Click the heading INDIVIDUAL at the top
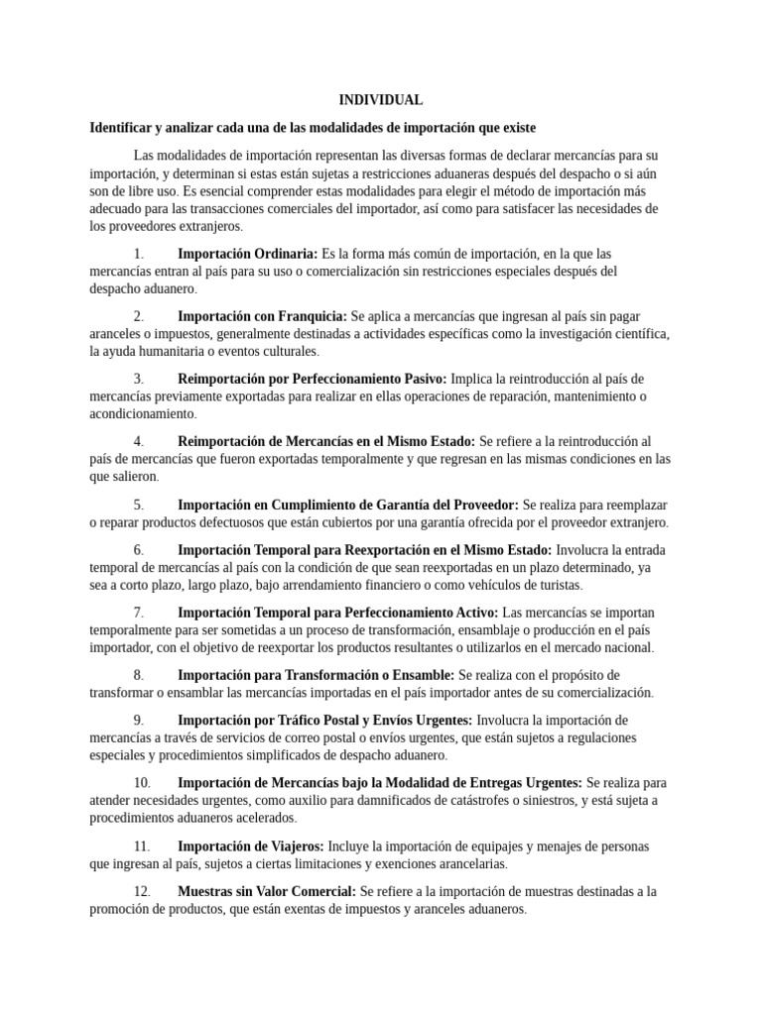pyautogui.click(x=381, y=100)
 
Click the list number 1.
pyautogui.click(x=139, y=254)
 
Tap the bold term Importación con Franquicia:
pyautogui.click(x=262, y=316)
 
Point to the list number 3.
pyautogui.click(x=139, y=379)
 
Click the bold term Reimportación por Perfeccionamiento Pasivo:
pyautogui.click(x=312, y=379)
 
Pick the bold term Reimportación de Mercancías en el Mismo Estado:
pyautogui.click(x=326, y=441)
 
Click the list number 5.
pyautogui.click(x=139, y=504)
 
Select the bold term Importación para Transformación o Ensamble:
pyautogui.click(x=317, y=674)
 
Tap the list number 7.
pyautogui.click(x=139, y=612)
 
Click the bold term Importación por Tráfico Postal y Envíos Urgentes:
pyautogui.click(x=324, y=720)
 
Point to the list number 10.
pyautogui.click(x=140, y=782)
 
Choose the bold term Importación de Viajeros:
pyautogui.click(x=250, y=846)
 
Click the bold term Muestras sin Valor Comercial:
pyautogui.click(x=266, y=891)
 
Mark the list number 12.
pyautogui.click(x=140, y=891)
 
